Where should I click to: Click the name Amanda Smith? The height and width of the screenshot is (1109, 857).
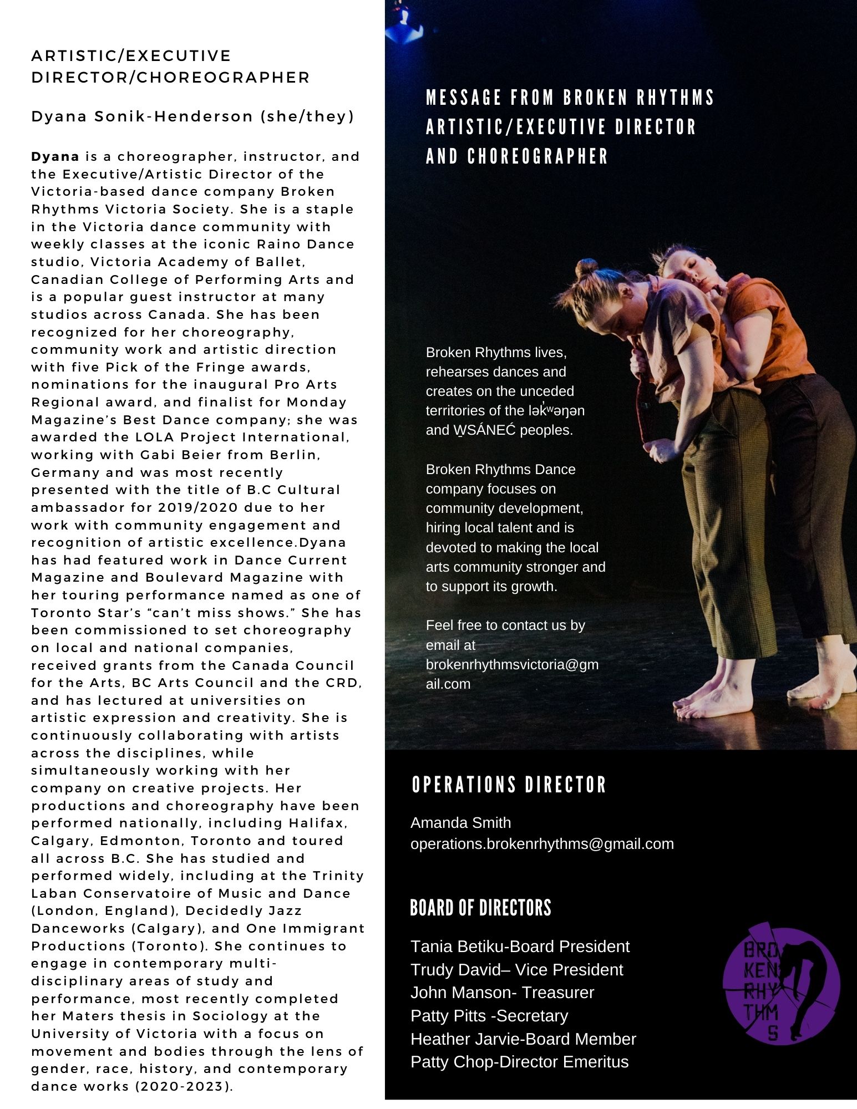tap(460, 822)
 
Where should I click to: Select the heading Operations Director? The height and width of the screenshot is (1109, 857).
tap(509, 785)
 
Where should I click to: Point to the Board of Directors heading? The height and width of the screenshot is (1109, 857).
tap(480, 908)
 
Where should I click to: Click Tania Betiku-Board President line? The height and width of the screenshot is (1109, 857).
tap(520, 946)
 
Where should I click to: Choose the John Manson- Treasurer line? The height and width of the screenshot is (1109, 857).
tap(502, 992)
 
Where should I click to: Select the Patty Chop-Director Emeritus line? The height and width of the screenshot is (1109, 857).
tap(519, 1061)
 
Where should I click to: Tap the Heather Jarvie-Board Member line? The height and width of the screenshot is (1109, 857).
tap(523, 1039)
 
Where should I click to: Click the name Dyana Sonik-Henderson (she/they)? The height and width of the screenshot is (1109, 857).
tap(192, 116)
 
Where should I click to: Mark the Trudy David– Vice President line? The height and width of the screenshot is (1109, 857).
tap(516, 969)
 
